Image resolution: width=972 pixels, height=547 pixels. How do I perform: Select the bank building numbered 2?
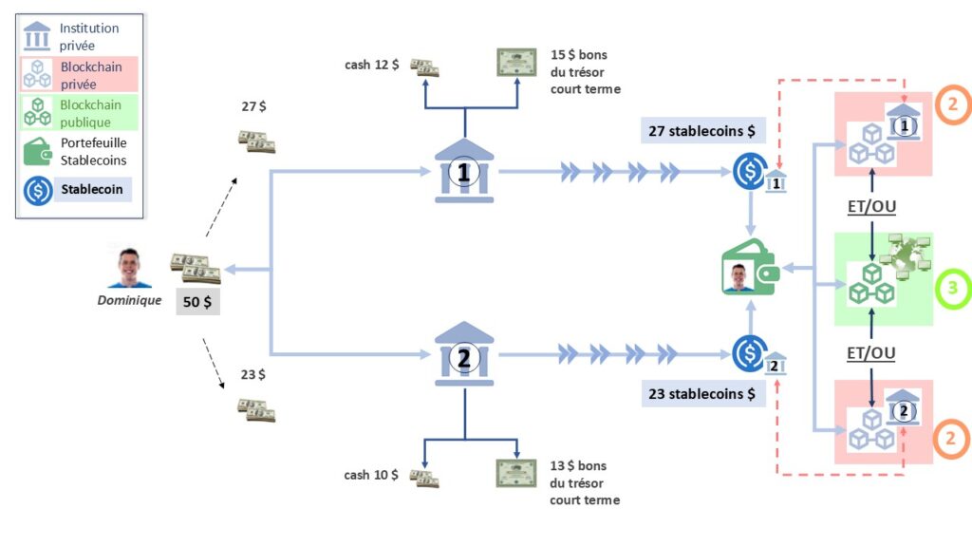(464, 356)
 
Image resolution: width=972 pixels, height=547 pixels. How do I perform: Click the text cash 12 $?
(372, 65)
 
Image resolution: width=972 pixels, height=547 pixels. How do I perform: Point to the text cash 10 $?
(372, 475)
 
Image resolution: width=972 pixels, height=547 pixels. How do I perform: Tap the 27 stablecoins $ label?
(702, 131)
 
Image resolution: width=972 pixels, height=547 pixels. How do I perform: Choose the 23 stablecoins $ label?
(702, 393)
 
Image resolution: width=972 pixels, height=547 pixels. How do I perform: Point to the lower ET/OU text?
(872, 353)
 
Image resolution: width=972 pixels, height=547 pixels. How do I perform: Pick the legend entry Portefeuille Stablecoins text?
(93, 153)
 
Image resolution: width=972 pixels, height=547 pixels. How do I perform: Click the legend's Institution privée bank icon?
(37, 36)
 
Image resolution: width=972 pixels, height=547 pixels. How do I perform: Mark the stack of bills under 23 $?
(256, 409)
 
